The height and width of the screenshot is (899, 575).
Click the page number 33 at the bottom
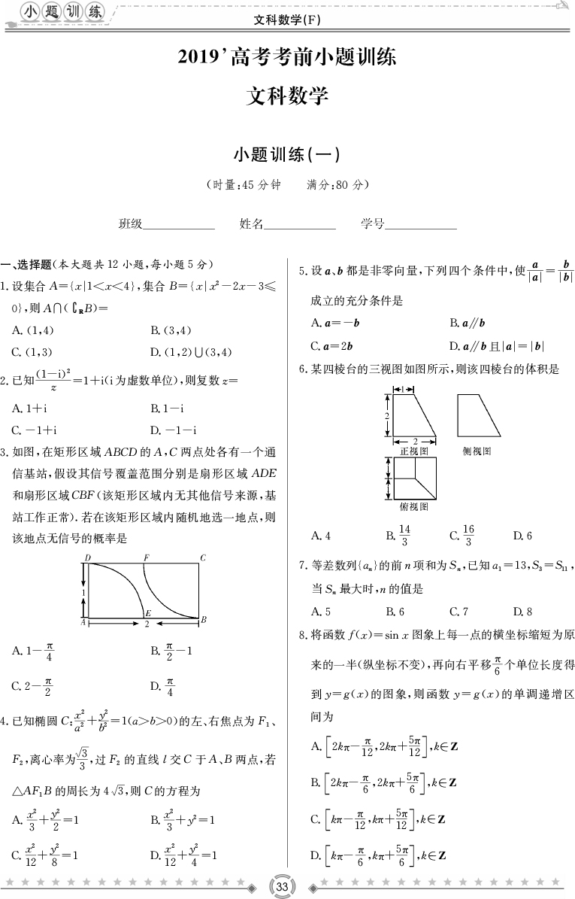283,885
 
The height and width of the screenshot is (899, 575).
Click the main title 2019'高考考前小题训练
287,57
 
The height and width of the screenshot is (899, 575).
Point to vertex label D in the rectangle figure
88,557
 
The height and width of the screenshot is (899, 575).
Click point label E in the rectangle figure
148,613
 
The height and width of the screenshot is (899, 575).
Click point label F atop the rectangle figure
146,557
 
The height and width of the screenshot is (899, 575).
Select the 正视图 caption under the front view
413,451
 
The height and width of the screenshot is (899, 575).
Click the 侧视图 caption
477,451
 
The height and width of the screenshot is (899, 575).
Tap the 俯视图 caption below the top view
413,506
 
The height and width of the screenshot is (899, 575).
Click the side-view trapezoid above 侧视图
478,415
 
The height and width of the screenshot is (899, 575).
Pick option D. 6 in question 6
522,536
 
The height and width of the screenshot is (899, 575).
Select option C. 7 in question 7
458,611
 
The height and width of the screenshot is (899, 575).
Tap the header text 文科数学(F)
289,20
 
